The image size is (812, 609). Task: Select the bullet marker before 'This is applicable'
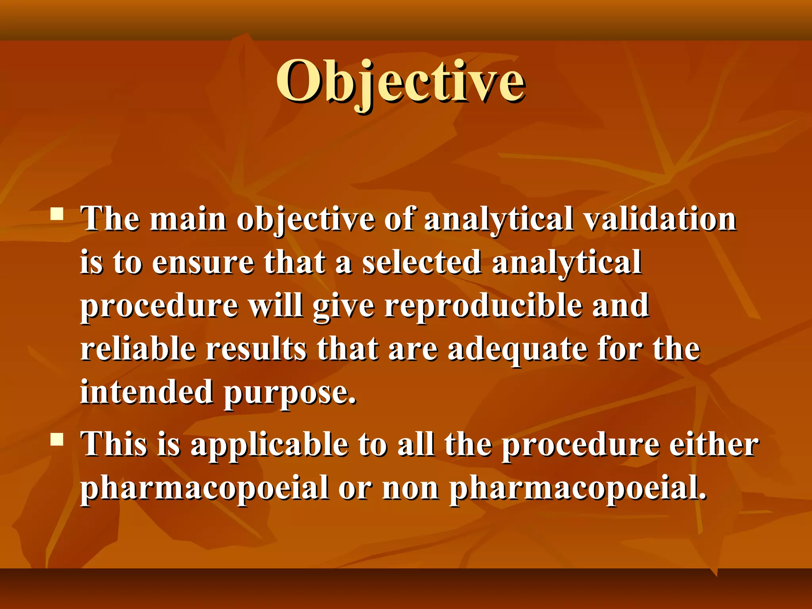57,439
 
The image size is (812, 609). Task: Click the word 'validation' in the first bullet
660,219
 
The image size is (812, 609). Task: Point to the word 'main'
188,219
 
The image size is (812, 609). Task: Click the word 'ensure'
203,262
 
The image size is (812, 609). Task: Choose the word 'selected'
421,262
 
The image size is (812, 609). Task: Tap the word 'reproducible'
483,306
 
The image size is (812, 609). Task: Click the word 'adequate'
517,350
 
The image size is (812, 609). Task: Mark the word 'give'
343,307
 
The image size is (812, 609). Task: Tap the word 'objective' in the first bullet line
305,220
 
